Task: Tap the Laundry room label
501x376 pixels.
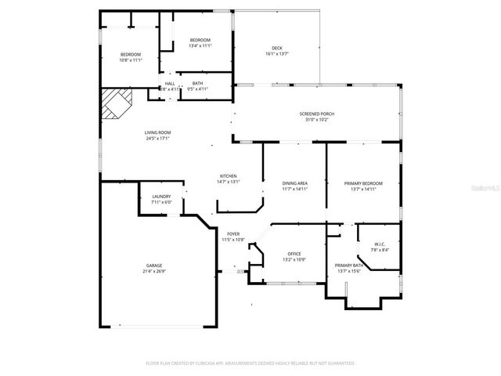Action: click(x=161, y=197)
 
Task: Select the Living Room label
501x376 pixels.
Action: click(x=157, y=132)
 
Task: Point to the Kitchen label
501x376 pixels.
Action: click(x=228, y=176)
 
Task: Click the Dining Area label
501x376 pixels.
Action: click(x=295, y=183)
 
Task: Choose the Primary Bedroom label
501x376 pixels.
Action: click(x=363, y=183)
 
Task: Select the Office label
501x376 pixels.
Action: click(x=294, y=254)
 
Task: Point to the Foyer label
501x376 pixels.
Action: click(x=233, y=234)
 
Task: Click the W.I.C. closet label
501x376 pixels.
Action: click(x=380, y=244)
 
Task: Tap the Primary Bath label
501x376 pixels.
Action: click(x=348, y=266)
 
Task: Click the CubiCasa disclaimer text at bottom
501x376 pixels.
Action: click(x=250, y=363)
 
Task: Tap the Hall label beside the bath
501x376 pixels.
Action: click(x=170, y=83)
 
